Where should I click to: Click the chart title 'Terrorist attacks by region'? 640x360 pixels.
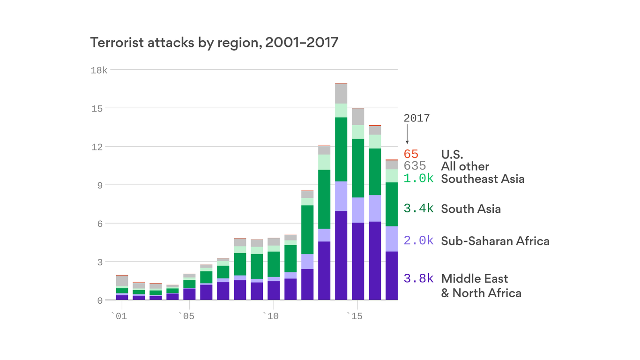[x=214, y=43]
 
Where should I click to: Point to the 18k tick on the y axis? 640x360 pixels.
[x=99, y=70]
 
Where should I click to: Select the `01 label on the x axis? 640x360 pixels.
[x=119, y=316]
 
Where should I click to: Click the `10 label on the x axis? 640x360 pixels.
[x=270, y=316]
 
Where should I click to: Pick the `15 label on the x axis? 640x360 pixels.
[x=355, y=316]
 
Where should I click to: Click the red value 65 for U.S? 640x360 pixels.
[x=411, y=154]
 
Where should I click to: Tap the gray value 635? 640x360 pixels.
[x=415, y=166]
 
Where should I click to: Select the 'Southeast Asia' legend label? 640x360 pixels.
[x=483, y=179]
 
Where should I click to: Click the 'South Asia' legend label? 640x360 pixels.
[x=471, y=209]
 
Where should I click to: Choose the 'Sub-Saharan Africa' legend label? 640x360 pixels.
[x=495, y=241]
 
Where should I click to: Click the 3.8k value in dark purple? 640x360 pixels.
[x=418, y=278]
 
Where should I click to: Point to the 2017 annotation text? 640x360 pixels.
[x=417, y=118]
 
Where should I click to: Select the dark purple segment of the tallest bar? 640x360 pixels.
[x=341, y=255]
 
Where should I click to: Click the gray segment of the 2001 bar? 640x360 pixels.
[x=122, y=281]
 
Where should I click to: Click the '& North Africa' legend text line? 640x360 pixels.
[x=481, y=293]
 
